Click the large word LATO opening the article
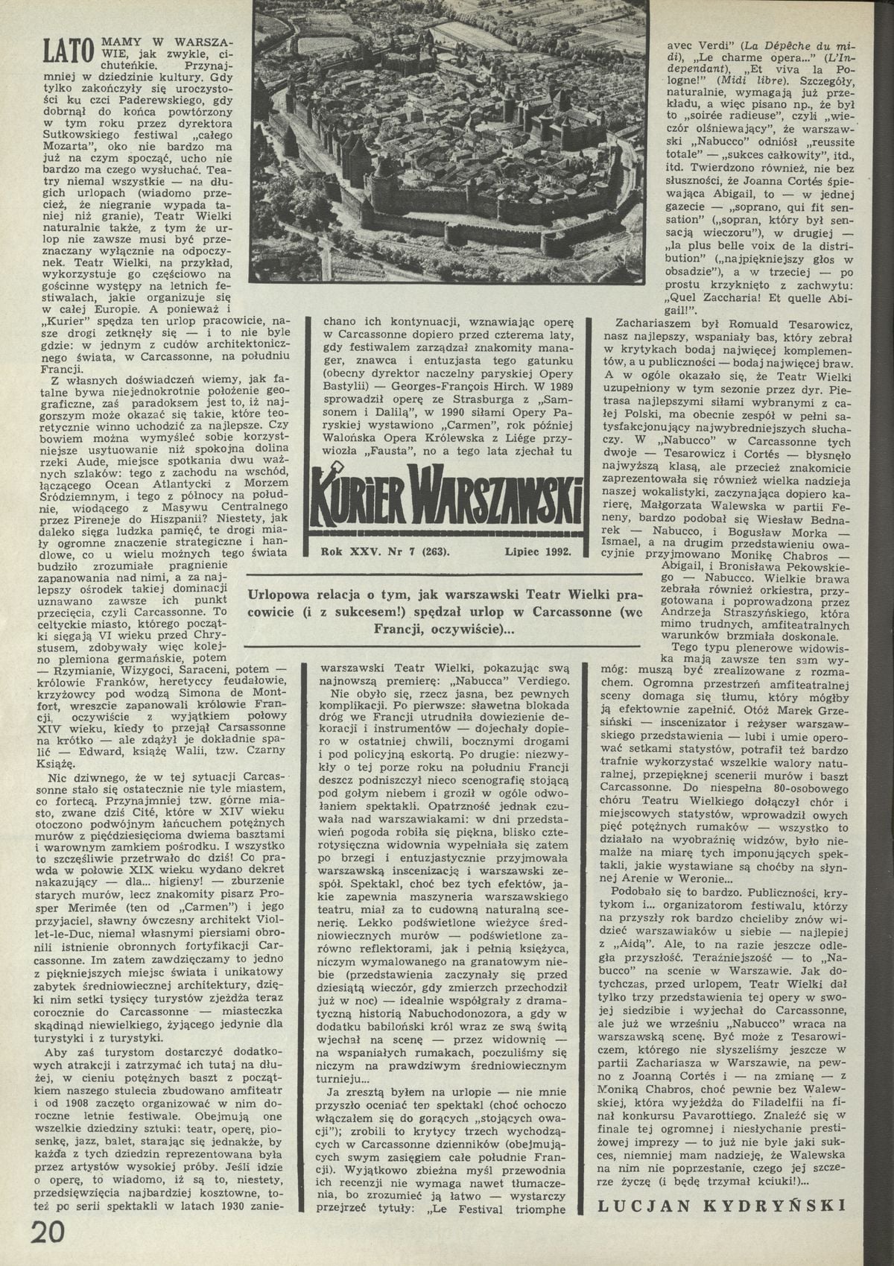[68, 49]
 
